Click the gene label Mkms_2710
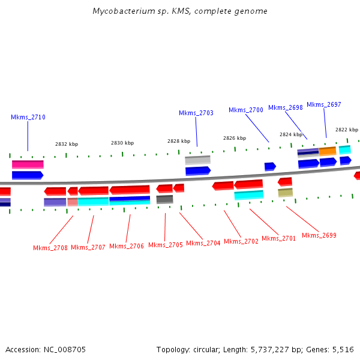pos(28,118)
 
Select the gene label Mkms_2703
pos(196,113)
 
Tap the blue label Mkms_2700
pos(245,110)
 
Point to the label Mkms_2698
pos(285,107)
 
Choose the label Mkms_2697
pos(323,104)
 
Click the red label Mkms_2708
pos(50,248)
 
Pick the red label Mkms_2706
pos(127,246)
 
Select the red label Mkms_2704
pos(203,243)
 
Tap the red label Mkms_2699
pos(319,235)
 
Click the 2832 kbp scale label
pos(67,144)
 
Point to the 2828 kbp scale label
pos(179,141)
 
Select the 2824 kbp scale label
pos(291,134)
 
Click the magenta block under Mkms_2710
pos(28,164)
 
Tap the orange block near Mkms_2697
pos(327,151)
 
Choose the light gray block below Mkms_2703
pos(197,160)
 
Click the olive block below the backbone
pos(285,193)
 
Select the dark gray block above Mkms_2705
pos(164,199)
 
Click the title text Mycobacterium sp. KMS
pos(180,11)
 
